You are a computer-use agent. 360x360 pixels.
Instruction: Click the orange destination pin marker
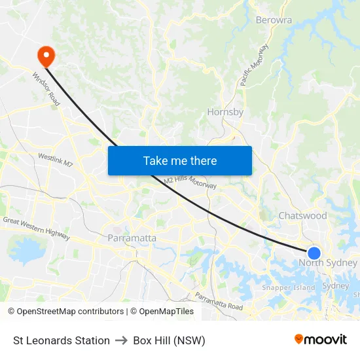pos(46,55)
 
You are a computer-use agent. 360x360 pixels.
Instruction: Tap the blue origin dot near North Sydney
pos(314,253)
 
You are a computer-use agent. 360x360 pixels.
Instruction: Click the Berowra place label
pos(274,20)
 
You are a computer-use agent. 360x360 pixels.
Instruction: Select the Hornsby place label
pos(225,112)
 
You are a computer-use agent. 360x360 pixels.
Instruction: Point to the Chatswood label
pos(302,215)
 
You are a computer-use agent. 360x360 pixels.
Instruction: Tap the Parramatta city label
pos(132,238)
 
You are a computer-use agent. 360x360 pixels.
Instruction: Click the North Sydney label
pos(328,263)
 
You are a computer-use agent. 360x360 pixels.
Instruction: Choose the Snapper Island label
pos(288,287)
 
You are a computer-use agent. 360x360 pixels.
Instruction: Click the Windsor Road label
pos(46,89)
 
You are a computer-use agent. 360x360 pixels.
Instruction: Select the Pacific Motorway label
pos(254,65)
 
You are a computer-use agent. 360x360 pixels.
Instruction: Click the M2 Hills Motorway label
pos(190,183)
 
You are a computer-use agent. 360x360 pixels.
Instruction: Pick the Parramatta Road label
pos(219,302)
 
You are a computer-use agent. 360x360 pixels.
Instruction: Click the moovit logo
pos(320,340)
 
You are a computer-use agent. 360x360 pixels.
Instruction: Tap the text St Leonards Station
pos(62,340)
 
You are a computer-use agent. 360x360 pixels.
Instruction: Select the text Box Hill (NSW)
pos(169,340)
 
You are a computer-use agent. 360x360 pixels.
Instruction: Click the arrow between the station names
pos(121,340)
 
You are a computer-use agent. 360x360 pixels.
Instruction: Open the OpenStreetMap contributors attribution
pos(69,312)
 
